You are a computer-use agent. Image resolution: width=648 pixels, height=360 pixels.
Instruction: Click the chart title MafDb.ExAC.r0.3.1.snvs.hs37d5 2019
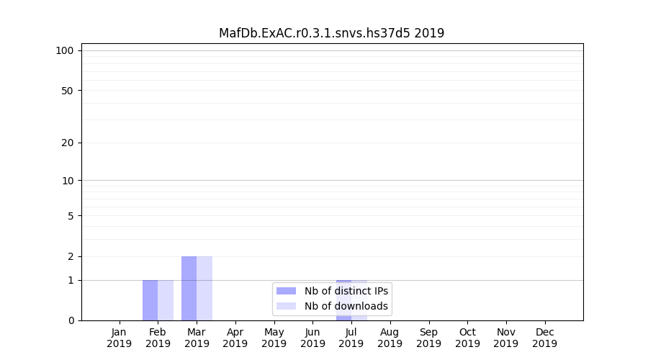[331, 33]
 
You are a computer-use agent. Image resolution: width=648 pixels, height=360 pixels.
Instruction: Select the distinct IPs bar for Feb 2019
[150, 300]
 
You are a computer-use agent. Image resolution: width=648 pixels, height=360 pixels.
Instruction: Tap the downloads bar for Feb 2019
[166, 300]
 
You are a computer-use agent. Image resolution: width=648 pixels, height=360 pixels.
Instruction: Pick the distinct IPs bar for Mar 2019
[189, 288]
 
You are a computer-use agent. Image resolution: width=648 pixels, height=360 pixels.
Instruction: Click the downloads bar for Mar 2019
[204, 288]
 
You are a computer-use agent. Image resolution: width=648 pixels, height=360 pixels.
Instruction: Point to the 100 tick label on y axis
[65, 50]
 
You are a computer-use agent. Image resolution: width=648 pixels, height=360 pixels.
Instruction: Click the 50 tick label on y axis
[68, 91]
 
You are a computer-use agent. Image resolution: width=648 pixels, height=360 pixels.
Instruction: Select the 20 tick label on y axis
[68, 143]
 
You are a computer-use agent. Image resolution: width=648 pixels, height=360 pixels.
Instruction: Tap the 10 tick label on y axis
[68, 181]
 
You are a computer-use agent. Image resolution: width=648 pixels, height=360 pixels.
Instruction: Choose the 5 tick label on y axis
[71, 216]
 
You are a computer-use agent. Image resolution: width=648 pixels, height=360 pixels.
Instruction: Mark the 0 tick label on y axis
[71, 320]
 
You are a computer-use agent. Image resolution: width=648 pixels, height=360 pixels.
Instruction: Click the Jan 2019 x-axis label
[120, 338]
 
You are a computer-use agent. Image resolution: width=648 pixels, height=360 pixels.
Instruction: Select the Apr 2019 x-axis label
[235, 338]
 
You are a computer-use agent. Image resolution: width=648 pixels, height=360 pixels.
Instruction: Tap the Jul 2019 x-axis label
[351, 338]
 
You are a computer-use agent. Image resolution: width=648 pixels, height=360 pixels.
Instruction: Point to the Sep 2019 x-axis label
[428, 338]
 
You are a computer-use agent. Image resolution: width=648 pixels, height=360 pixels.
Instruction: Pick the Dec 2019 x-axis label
[544, 338]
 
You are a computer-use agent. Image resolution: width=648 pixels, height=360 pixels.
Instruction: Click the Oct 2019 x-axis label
[467, 338]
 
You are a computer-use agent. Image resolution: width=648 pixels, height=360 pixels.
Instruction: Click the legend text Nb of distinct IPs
[346, 291]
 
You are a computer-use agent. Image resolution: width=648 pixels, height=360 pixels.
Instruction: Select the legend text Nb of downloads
[346, 306]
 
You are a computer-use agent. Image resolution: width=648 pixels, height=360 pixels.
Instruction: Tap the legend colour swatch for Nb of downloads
[286, 306]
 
